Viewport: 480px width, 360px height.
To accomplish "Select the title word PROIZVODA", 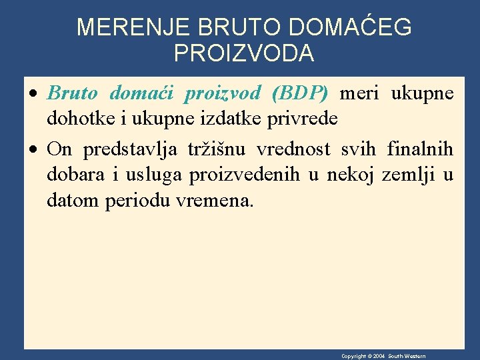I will coord(244,53).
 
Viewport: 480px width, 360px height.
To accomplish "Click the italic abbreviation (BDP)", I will coord(301,93).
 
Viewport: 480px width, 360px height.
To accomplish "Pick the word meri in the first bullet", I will coord(360,93).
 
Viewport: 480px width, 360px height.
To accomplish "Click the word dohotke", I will coord(74,119).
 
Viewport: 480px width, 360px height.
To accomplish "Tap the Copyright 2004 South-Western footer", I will coord(383,356).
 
